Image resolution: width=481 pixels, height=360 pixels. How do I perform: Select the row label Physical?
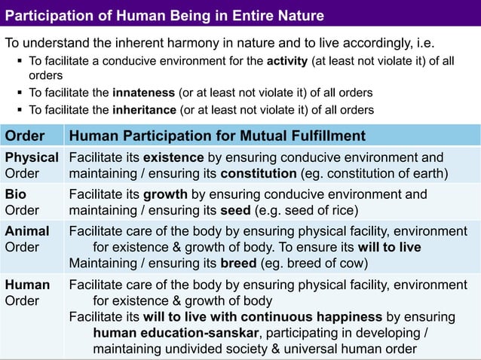(x=32, y=157)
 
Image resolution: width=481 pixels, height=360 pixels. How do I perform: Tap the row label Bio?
(x=16, y=194)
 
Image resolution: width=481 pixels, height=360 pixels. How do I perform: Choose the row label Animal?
(x=27, y=231)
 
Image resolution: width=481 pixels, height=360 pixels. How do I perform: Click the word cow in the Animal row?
(x=352, y=264)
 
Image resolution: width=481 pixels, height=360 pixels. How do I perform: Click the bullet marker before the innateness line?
(x=18, y=93)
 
